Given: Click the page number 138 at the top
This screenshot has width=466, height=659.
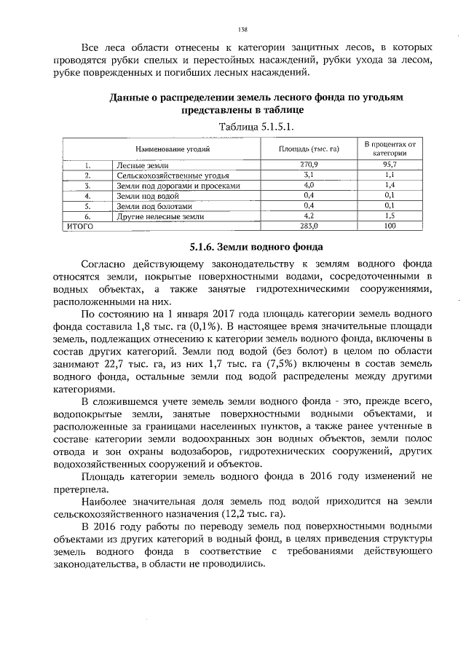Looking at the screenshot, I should [243, 29].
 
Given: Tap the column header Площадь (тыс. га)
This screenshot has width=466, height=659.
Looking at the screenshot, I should [310, 149].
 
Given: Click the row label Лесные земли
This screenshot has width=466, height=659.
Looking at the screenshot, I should [138, 166].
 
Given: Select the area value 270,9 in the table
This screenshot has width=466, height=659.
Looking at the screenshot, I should [310, 166].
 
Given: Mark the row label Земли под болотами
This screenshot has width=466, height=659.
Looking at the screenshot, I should [151, 207].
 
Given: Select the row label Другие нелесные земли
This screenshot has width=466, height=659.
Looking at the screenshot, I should [161, 217].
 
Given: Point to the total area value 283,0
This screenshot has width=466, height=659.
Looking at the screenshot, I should [310, 226].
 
